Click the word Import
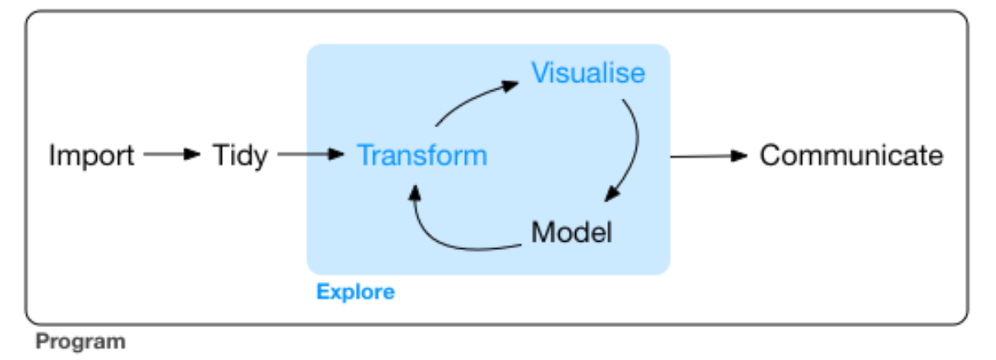click(91, 155)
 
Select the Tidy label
click(240, 155)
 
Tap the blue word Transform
click(422, 155)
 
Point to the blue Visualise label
click(588, 73)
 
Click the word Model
click(572, 233)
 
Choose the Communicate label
click(851, 155)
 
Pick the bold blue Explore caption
click(355, 292)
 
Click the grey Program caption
click(81, 341)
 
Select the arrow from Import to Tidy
click(172, 154)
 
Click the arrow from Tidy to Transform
click(310, 154)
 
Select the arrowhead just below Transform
click(415, 191)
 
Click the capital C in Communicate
click(770, 155)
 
